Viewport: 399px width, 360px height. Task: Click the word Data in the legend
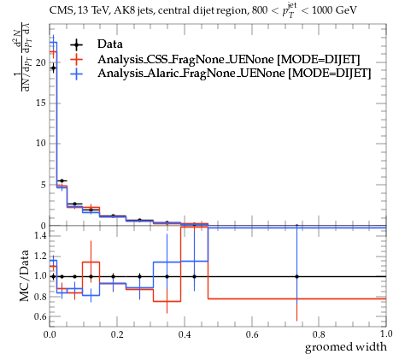(x=110, y=44)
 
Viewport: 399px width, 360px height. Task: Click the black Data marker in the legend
(x=76, y=44)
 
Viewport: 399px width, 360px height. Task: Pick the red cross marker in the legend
(x=76, y=59)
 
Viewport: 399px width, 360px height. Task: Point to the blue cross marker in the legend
(x=76, y=74)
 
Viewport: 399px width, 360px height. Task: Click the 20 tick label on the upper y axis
(x=41, y=62)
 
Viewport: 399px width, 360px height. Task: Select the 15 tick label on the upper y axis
(x=41, y=103)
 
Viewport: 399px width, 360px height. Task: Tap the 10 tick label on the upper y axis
(x=41, y=144)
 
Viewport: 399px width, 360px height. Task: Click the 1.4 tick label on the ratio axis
(x=40, y=235)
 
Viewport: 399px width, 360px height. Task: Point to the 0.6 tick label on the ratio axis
(x=40, y=316)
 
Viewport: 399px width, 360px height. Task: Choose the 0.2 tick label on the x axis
(x=117, y=334)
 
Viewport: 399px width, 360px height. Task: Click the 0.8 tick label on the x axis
(x=319, y=334)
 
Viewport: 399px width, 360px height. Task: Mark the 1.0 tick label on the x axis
(x=386, y=333)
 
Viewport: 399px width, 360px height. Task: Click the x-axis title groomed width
(x=346, y=347)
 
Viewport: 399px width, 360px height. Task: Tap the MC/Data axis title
(x=25, y=275)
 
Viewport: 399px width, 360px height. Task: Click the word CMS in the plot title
(x=59, y=11)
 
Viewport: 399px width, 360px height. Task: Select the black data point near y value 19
(x=53, y=68)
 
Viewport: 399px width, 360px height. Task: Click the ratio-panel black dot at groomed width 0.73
(x=296, y=276)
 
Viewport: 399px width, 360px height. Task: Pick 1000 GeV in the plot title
(x=334, y=10)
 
